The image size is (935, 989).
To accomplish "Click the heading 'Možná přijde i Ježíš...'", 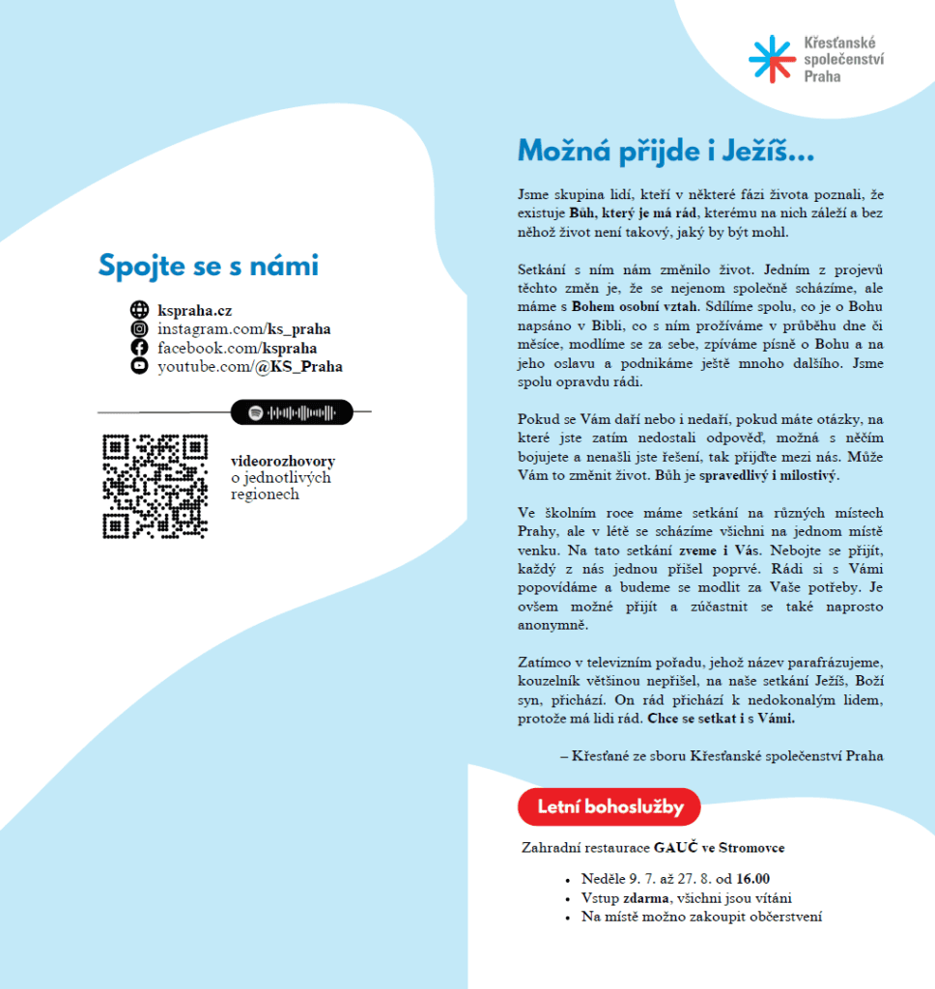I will [666, 152].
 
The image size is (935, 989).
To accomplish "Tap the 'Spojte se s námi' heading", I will [208, 266].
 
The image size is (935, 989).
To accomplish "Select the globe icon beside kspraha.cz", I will [139, 310].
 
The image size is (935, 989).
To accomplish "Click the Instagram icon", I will [139, 328].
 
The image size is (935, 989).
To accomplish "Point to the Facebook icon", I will [139, 348].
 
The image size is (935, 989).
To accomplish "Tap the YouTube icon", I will [139, 366].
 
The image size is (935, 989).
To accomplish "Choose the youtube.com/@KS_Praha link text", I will [249, 367].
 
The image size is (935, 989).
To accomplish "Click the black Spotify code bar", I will [292, 412].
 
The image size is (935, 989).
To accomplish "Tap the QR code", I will [155, 486].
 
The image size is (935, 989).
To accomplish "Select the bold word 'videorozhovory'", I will [282, 461].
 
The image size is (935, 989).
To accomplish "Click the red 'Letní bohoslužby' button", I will [609, 806].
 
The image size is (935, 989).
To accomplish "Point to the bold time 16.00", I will [752, 879].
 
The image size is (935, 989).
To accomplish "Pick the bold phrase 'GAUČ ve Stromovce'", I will [719, 848].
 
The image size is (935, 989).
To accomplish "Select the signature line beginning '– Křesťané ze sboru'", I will [721, 756].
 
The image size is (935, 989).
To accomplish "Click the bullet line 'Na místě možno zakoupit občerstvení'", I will [701, 917].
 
